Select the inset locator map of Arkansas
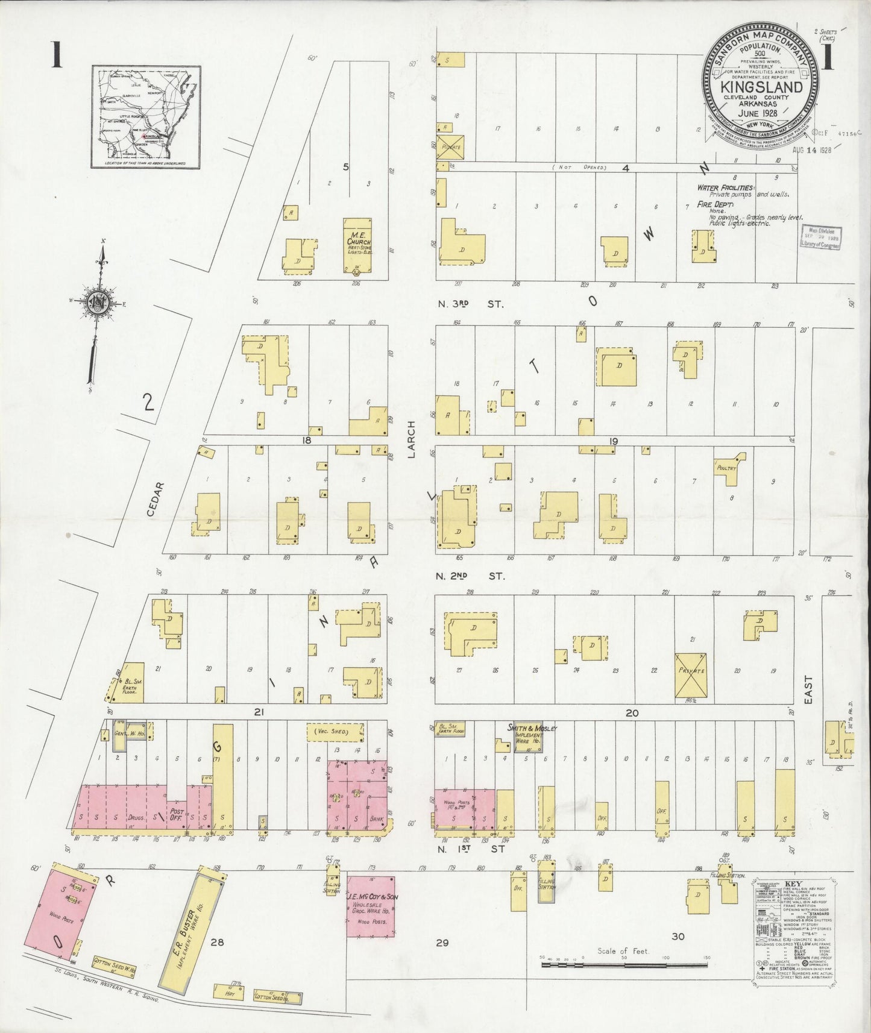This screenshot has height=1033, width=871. pyautogui.click(x=146, y=116)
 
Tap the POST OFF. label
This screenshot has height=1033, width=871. pyautogui.click(x=177, y=814)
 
